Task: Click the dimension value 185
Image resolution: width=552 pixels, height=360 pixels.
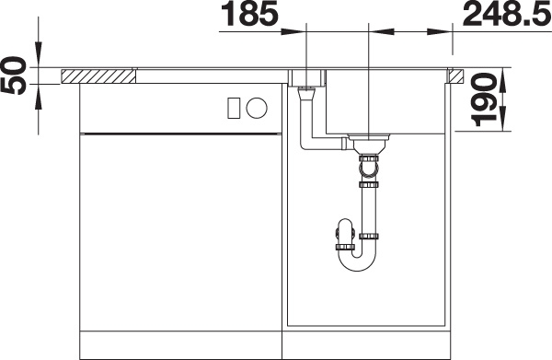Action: pyautogui.click(x=249, y=14)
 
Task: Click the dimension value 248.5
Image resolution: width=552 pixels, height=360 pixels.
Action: pyautogui.click(x=507, y=14)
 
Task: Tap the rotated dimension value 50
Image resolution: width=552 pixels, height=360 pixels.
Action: pyautogui.click(x=14, y=75)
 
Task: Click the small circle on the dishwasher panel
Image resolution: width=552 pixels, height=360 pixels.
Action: pyautogui.click(x=257, y=108)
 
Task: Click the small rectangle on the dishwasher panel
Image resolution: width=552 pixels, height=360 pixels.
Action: pyautogui.click(x=234, y=108)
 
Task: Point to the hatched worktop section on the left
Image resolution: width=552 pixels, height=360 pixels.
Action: pyautogui.click(x=98, y=76)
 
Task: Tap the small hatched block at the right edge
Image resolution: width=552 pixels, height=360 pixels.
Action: pyautogui.click(x=456, y=76)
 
